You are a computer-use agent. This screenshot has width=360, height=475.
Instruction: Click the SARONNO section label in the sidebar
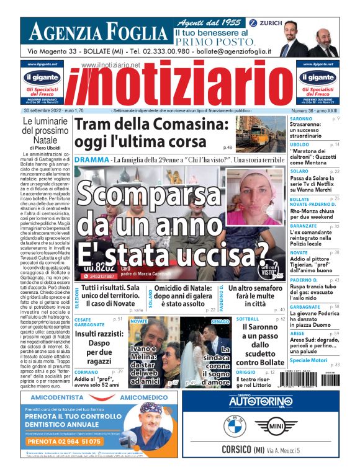(301, 118)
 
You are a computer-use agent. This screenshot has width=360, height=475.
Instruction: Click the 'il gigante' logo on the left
(43, 78)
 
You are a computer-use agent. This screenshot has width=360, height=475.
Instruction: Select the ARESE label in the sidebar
(298, 334)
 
